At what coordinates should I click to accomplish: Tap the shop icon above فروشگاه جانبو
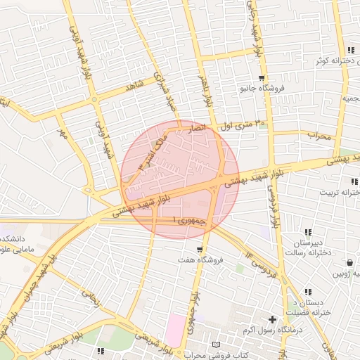coord(262,78)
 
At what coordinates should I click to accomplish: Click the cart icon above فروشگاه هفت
coord(200,250)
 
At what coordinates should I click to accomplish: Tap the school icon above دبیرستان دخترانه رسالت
coord(308,232)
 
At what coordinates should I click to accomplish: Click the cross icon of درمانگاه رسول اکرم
coord(272,320)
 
